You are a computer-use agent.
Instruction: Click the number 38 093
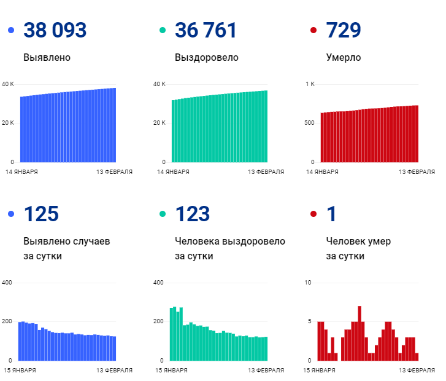[55, 30]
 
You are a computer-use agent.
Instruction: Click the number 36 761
[206, 30]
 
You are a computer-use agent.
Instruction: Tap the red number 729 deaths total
[344, 30]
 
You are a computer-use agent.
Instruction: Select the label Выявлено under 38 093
[47, 58]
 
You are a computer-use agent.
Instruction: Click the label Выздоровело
[206, 58]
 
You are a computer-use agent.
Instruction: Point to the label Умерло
[344, 58]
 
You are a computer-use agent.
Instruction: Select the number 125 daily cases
[41, 214]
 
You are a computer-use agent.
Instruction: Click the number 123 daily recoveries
[193, 214]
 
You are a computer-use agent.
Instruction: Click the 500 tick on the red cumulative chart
[309, 123]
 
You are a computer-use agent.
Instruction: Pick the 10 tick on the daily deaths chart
[309, 282]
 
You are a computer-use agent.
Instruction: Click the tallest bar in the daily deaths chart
[359, 333]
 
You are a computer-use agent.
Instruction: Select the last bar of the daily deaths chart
[417, 356]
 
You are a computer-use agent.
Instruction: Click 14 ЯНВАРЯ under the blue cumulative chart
[22, 172]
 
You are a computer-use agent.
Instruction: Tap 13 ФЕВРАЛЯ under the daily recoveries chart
[266, 371]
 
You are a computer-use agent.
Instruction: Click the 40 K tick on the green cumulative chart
[159, 84]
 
